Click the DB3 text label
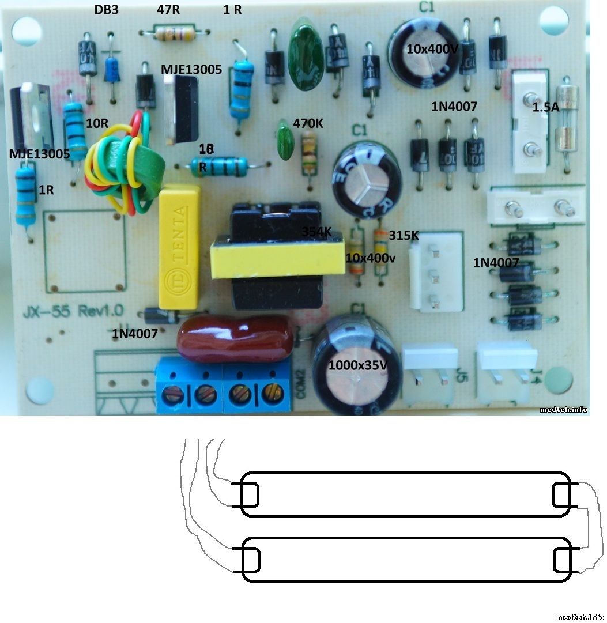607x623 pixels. coord(107,10)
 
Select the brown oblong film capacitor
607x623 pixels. coord(236,340)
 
